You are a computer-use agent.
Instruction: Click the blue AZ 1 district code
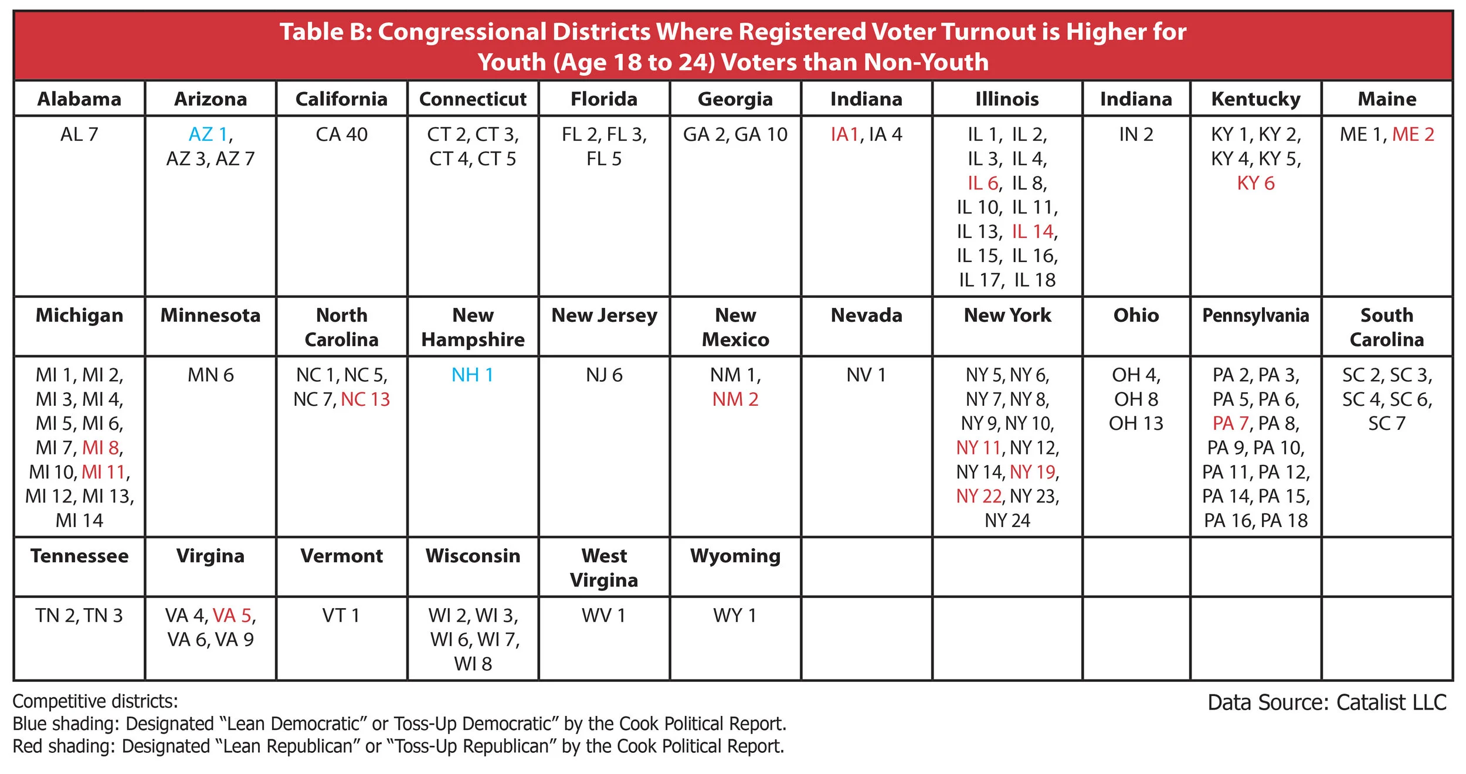208,134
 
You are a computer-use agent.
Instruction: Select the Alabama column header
79,99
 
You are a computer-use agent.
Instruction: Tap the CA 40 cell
341,134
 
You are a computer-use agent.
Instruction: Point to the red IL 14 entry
1032,232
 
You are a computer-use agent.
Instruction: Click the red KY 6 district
1255,183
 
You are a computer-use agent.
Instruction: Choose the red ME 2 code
1413,134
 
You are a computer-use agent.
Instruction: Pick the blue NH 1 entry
472,375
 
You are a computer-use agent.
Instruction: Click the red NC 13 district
365,399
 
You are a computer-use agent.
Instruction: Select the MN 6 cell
211,375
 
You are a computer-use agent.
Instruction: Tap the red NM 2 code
735,399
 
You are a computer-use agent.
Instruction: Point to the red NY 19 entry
1032,472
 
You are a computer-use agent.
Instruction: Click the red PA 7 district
1230,423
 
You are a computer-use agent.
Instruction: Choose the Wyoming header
735,555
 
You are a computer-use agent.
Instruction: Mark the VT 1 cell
341,615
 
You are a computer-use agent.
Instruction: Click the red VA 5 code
232,615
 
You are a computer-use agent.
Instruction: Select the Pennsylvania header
1255,315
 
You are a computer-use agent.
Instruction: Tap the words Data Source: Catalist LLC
1326,702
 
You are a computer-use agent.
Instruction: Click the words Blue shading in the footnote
65,724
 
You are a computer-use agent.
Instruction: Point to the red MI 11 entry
104,472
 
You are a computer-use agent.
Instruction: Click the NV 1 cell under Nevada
866,375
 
